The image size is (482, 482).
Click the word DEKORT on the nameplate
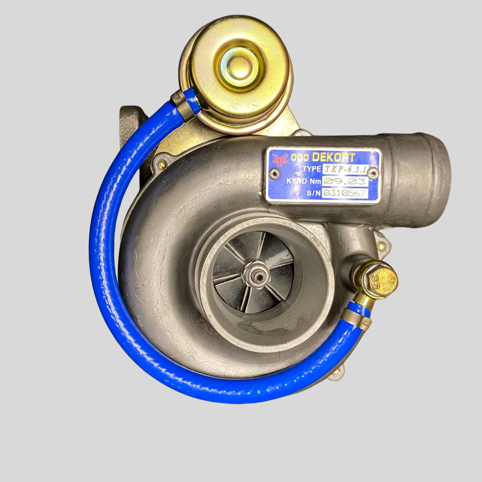(334, 157)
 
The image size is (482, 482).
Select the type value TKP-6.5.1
(345, 169)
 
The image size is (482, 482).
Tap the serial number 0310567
(345, 193)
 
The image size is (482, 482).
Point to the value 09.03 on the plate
(345, 181)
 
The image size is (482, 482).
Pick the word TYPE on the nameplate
(312, 169)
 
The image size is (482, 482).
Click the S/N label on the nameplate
(314, 193)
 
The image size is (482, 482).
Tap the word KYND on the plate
(296, 181)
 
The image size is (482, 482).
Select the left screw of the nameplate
(274, 174)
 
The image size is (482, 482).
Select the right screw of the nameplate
(373, 174)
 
